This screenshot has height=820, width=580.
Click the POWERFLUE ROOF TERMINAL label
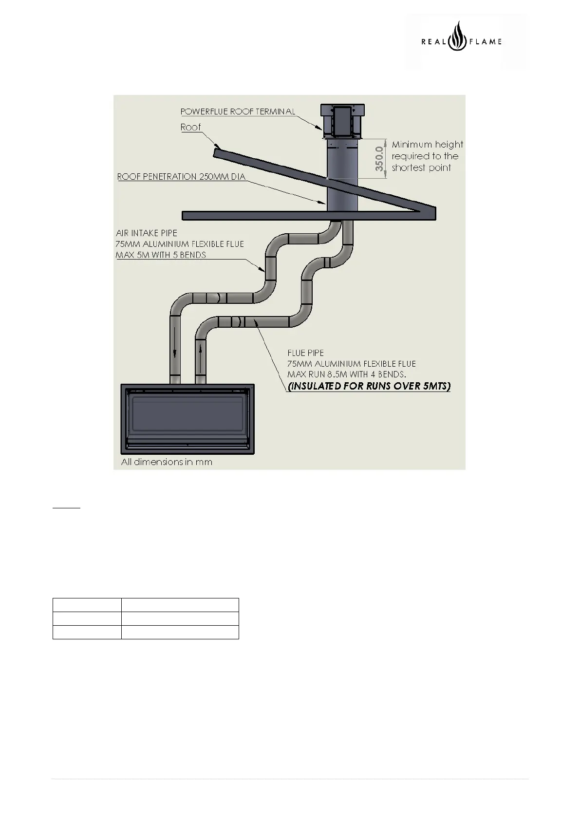[238, 112]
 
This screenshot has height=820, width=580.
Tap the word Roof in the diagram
[190, 127]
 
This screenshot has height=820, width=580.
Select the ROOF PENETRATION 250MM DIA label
[181, 177]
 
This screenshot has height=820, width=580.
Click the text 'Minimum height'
[427, 145]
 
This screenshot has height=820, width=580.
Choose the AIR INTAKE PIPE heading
[146, 233]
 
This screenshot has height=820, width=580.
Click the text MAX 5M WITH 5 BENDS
[161, 255]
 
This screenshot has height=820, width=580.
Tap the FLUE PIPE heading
[305, 353]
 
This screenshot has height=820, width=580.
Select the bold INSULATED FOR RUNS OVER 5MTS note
[369, 387]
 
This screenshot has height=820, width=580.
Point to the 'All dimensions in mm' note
[167, 462]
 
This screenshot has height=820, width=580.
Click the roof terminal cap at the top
[342, 121]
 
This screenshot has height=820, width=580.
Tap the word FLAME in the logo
[485, 42]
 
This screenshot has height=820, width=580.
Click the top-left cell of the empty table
[87, 605]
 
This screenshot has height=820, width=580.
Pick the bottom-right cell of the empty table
[180, 632]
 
